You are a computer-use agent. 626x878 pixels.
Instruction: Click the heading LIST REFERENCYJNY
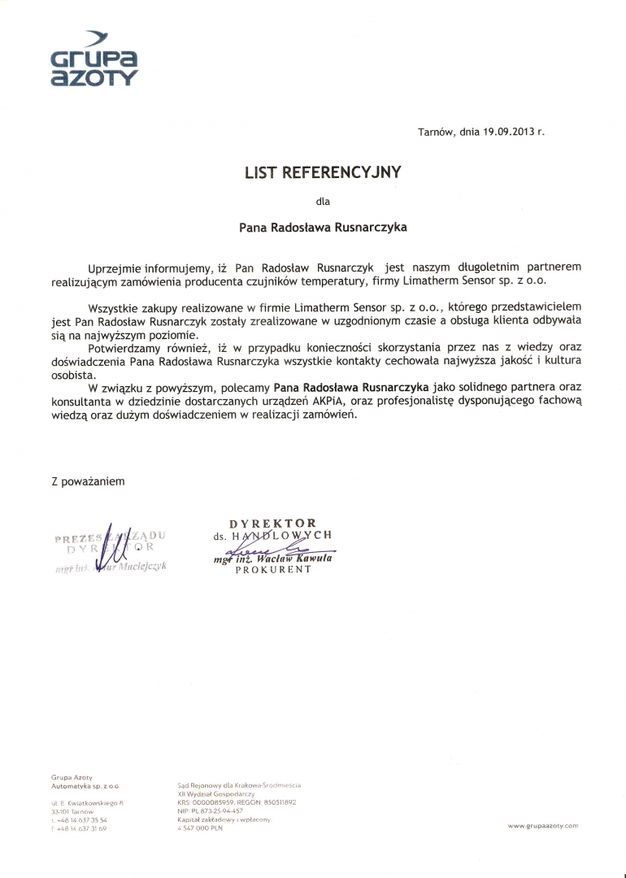click(324, 172)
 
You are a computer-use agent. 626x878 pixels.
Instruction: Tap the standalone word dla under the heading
click(323, 200)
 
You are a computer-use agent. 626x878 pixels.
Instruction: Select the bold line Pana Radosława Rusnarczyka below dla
click(323, 228)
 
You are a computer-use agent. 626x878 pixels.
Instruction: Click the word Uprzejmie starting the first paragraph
click(117, 267)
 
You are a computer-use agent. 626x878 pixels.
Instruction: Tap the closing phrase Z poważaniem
click(88, 481)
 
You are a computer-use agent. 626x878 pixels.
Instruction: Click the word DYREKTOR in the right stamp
click(272, 523)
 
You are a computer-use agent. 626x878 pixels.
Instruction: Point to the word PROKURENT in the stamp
click(273, 570)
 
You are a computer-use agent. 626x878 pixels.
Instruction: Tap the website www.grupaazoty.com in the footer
click(542, 826)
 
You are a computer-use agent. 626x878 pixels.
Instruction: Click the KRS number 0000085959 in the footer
click(214, 802)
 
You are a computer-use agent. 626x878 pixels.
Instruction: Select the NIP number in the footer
click(210, 811)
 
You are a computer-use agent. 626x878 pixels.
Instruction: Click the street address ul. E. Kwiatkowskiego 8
click(87, 802)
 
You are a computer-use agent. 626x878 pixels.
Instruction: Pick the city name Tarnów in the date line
click(434, 131)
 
